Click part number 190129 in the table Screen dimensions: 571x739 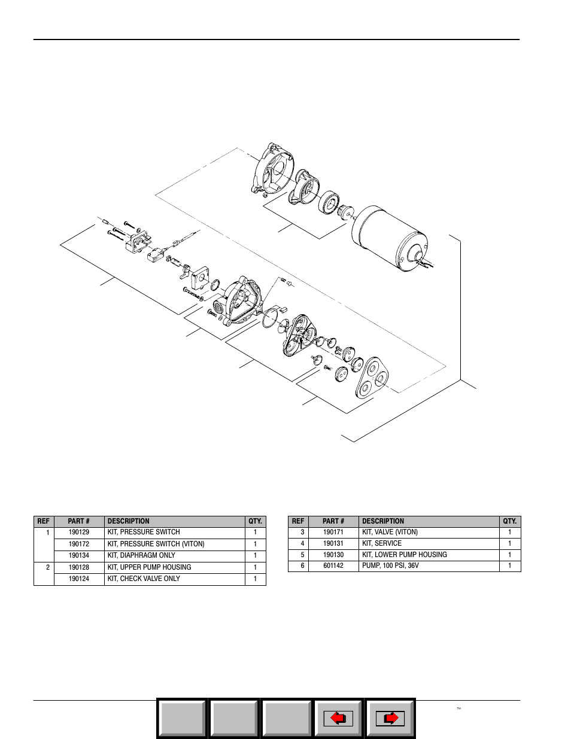pyautogui.click(x=79, y=532)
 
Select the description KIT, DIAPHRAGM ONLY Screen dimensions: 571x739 pyautogui.click(x=141, y=555)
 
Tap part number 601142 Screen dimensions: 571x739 pyautogui.click(x=333, y=565)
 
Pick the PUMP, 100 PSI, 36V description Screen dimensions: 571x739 pyautogui.click(x=390, y=565)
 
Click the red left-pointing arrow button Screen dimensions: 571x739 pyautogui.click(x=338, y=719)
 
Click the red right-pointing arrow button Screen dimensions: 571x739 pyautogui.click(x=390, y=719)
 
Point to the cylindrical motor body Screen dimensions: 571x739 pyautogui.click(x=390, y=238)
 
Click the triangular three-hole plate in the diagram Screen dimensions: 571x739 pyautogui.click(x=372, y=378)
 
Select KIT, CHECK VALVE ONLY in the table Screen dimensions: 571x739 pyautogui.click(x=144, y=579)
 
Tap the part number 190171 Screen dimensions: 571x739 pyautogui.click(x=333, y=532)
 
